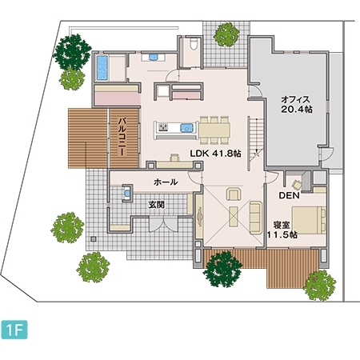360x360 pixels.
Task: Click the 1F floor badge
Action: point(14,330)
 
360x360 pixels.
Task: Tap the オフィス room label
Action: point(296,100)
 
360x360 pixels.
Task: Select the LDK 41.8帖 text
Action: point(215,154)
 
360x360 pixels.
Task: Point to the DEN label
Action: point(289,195)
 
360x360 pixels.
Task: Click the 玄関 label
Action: point(157,205)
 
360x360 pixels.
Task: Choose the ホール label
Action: point(166,182)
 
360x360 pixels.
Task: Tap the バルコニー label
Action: point(122,137)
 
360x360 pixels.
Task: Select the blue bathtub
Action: point(102,68)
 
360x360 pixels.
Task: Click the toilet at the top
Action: point(194,44)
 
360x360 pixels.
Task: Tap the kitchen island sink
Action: point(186,128)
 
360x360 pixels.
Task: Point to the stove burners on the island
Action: point(162,127)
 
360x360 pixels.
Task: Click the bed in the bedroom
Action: point(309,220)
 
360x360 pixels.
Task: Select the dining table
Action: point(214,130)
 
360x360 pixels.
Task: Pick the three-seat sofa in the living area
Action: point(256,218)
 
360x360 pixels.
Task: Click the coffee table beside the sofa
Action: point(234,216)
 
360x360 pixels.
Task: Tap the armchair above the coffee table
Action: point(234,194)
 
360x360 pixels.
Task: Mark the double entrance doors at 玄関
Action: point(163,224)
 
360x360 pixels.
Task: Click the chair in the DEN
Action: point(297,184)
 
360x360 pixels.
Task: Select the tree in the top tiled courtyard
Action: point(226,34)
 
